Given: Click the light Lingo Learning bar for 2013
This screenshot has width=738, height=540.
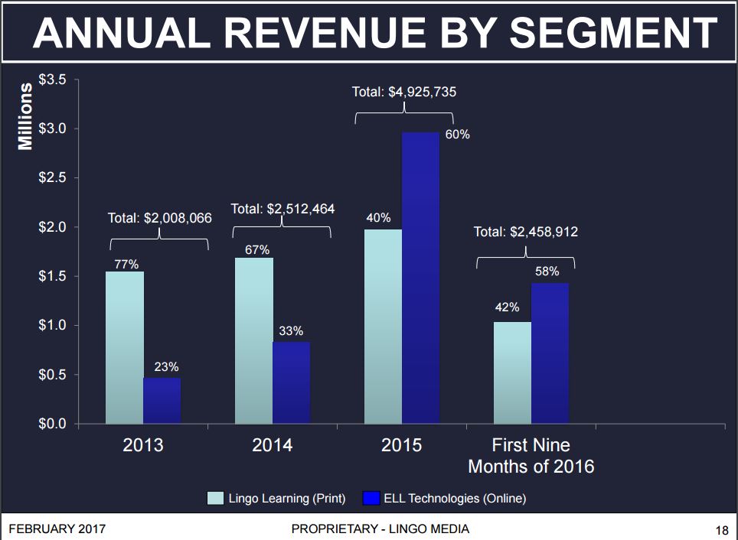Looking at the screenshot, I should [125, 347].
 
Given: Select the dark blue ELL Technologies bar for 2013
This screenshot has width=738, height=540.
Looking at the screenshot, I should [162, 400].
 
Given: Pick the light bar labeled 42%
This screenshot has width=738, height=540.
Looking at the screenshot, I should [512, 372].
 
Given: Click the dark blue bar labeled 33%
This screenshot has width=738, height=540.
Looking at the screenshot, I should [292, 382].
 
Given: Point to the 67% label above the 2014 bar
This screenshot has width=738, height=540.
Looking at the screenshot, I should [257, 249].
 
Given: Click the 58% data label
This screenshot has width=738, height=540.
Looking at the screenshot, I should [547, 272].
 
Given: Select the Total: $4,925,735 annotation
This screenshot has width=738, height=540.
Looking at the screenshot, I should [403, 92].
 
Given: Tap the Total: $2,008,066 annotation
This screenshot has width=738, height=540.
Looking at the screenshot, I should [159, 218].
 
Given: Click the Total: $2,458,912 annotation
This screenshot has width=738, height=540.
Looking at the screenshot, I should [525, 232].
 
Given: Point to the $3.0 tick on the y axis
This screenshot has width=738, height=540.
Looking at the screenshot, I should [53, 128].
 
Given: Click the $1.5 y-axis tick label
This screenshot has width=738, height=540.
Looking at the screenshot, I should [53, 276].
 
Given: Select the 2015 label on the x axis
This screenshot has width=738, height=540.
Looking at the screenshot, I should [402, 445].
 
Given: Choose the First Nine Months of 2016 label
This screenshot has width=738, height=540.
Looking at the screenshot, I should [531, 455].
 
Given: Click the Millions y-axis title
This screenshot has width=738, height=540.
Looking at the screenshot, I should [25, 116].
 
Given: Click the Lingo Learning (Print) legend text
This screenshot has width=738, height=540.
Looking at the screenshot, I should [287, 499].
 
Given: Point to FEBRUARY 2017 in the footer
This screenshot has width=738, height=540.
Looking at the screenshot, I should [57, 529].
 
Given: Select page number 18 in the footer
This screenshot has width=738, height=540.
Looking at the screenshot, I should [721, 529].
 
